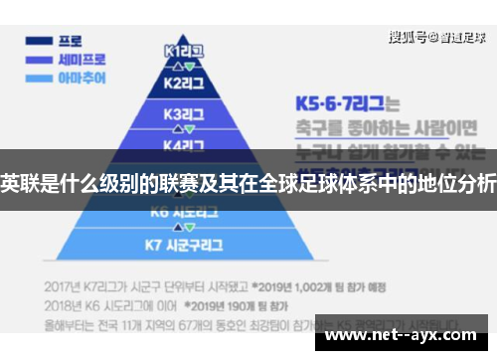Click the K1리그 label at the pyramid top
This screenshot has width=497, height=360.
pyautogui.click(x=184, y=50)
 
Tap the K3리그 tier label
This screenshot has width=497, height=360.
pyautogui.click(x=185, y=113)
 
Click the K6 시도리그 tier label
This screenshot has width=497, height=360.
pyautogui.click(x=185, y=212)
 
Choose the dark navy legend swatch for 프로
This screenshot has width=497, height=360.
pyautogui.click(x=40, y=42)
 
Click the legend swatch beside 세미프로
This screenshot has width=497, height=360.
pyautogui.click(x=40, y=59)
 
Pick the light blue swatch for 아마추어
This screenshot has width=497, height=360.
pyautogui.click(x=40, y=77)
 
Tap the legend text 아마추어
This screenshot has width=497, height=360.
pyautogui.click(x=83, y=77)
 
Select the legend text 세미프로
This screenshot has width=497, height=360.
pyautogui.click(x=83, y=59)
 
